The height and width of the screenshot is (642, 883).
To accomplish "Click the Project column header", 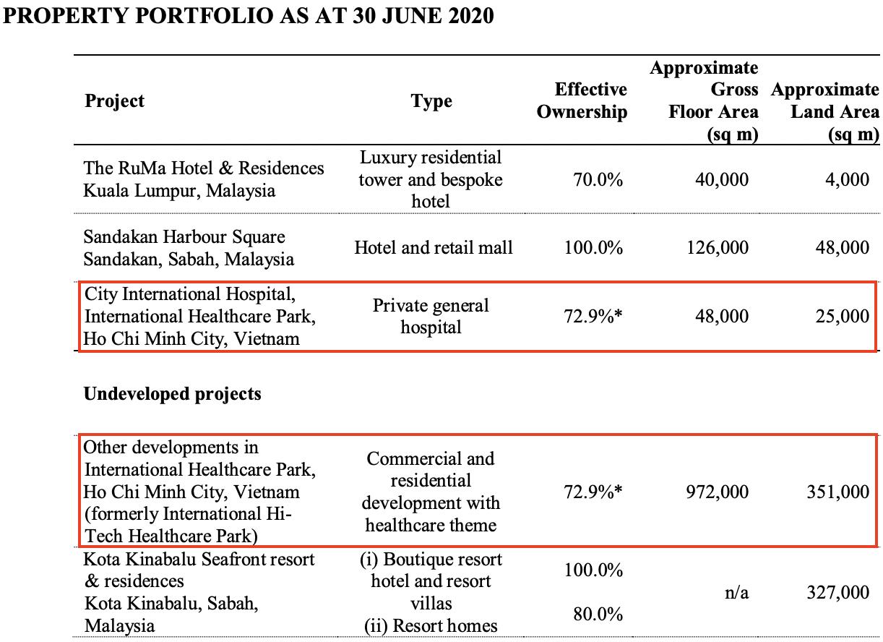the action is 114,101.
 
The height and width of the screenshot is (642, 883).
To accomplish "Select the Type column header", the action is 431,101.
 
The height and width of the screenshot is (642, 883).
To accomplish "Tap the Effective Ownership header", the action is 582,100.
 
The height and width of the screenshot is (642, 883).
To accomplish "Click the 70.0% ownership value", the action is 598,179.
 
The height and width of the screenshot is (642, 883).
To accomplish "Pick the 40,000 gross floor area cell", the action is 721,180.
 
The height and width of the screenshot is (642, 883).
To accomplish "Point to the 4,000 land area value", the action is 847,180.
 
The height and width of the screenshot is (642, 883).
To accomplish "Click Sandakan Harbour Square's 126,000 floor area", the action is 718,248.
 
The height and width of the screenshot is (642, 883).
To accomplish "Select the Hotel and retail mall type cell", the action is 434,248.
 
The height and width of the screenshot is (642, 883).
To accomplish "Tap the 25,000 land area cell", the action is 843,316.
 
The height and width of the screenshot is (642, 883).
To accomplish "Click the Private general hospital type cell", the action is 431,316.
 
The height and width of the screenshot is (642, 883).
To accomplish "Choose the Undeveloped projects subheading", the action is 172,394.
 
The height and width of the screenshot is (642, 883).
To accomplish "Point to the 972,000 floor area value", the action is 717,492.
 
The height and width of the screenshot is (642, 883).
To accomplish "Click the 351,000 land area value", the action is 838,492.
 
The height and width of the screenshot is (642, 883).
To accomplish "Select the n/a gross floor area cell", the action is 736,593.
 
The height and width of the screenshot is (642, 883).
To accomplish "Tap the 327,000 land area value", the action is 838,592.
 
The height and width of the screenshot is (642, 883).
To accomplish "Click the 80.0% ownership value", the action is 598,614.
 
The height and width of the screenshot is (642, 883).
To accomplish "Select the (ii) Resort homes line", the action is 431,626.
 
